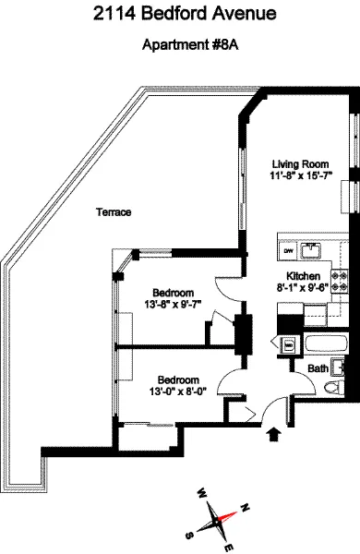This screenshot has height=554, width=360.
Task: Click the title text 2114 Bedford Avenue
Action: point(180,15)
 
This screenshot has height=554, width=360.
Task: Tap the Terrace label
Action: point(114,212)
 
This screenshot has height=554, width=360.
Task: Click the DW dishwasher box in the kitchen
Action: point(289,250)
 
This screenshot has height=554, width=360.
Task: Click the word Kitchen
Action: point(303,277)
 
